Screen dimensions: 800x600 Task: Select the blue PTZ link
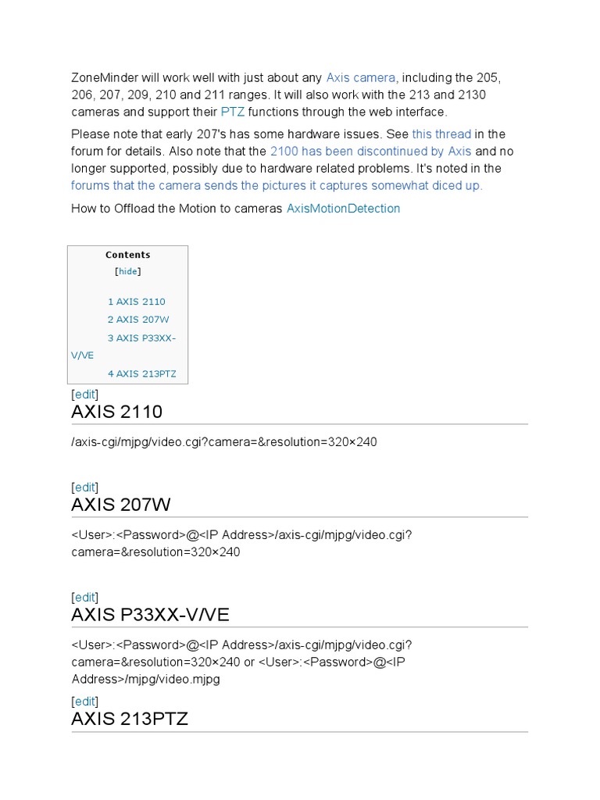(233, 112)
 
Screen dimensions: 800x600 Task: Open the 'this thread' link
(441, 134)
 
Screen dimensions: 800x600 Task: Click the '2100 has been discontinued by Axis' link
(370, 151)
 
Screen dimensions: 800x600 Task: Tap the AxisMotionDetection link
(343, 209)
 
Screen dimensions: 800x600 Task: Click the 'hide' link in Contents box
(127, 272)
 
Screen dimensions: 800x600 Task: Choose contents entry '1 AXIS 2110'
(137, 302)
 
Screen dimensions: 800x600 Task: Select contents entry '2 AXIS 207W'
(138, 320)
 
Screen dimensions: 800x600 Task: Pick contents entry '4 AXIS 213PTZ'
(142, 373)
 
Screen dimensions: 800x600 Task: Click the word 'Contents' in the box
(128, 255)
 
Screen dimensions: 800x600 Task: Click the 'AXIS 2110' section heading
(116, 412)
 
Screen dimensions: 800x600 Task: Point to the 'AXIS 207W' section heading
(120, 505)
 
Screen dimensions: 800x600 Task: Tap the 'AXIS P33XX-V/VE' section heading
(150, 615)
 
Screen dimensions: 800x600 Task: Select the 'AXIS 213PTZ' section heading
(130, 719)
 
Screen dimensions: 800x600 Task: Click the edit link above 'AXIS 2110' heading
(84, 395)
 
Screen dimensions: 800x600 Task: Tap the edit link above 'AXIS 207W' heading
(84, 487)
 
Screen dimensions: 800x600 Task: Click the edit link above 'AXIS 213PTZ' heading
(84, 701)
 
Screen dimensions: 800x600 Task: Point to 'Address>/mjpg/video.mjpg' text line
(145, 679)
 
